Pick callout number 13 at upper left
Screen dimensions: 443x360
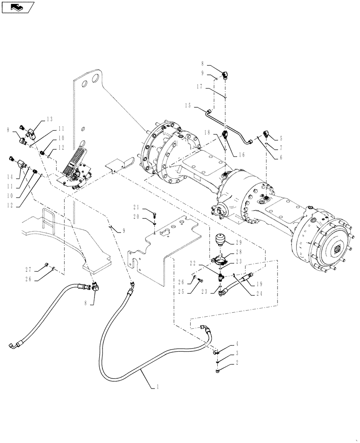[x=49, y=119]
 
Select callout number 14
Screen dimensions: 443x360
[x=10, y=176]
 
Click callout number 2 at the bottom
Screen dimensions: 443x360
[x=238, y=362]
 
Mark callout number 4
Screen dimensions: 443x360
[x=238, y=343]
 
